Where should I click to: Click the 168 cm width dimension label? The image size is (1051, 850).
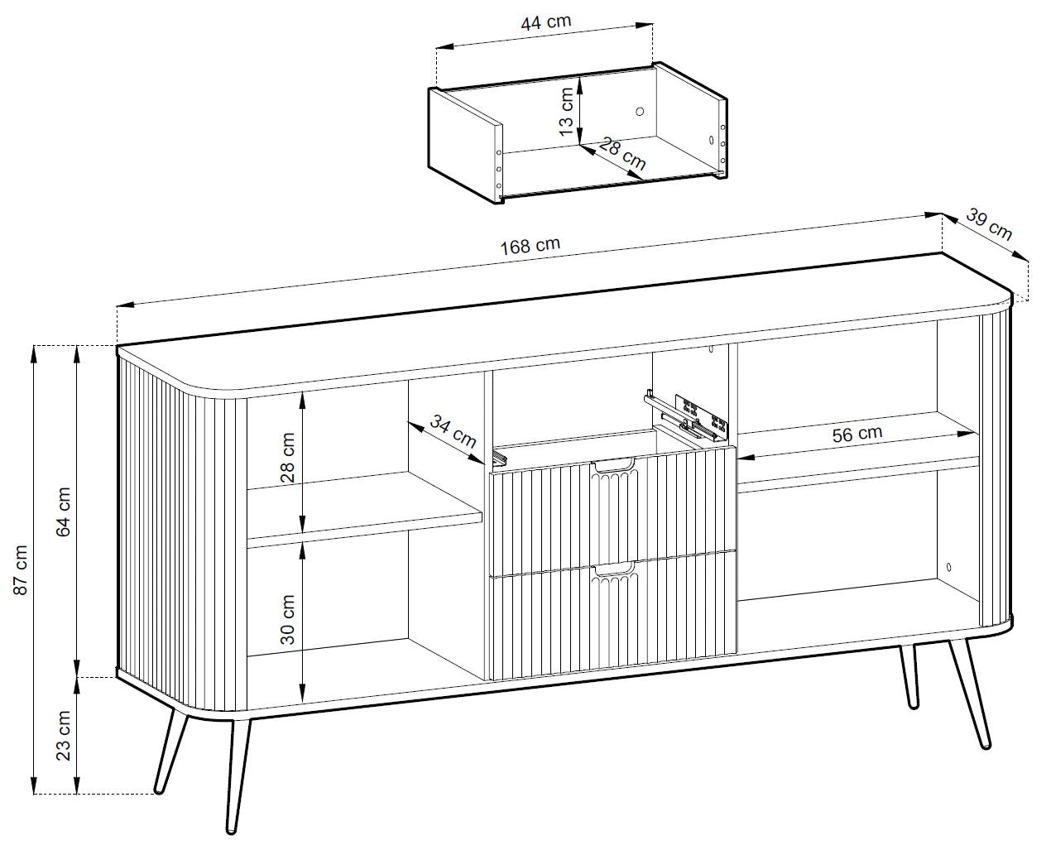click(x=530, y=245)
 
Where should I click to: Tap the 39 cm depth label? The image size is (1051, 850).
click(x=989, y=224)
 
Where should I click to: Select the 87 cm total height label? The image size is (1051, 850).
click(x=20, y=569)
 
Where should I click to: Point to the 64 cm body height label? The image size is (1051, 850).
click(x=64, y=511)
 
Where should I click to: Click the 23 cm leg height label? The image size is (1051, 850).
click(x=64, y=736)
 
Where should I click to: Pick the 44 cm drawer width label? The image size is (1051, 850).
click(x=545, y=22)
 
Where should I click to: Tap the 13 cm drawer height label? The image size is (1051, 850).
click(x=566, y=112)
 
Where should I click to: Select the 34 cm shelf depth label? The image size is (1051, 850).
click(x=453, y=430)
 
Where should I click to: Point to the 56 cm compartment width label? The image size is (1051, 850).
click(x=857, y=434)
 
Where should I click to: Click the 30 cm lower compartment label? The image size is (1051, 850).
click(x=287, y=620)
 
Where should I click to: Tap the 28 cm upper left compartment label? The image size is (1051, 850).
click(x=287, y=458)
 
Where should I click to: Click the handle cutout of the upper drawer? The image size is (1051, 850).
click(x=614, y=466)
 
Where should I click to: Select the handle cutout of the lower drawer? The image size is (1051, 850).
click(x=614, y=569)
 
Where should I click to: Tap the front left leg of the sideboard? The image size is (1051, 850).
click(x=239, y=776)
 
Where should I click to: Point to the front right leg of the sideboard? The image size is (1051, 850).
click(x=970, y=694)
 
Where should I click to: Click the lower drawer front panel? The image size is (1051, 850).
click(x=613, y=615)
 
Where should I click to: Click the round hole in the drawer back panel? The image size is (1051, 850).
click(x=640, y=112)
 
